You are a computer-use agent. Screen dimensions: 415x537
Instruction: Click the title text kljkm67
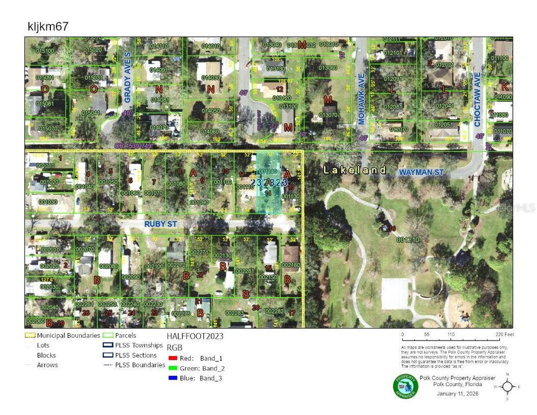coord(47,26)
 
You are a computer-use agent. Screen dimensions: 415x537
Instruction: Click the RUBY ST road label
coord(161,224)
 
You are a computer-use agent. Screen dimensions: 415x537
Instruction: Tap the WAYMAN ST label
coord(421,172)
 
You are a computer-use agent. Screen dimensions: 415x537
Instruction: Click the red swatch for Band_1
coord(173,358)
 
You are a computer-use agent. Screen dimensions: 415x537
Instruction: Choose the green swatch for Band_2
coord(173,368)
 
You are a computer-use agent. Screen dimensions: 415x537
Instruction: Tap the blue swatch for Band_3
coord(173,378)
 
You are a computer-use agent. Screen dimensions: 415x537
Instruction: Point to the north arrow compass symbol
coord(507,387)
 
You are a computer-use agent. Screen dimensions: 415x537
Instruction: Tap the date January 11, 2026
coord(456,393)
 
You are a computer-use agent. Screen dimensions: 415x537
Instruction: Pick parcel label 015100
coord(45,51)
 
